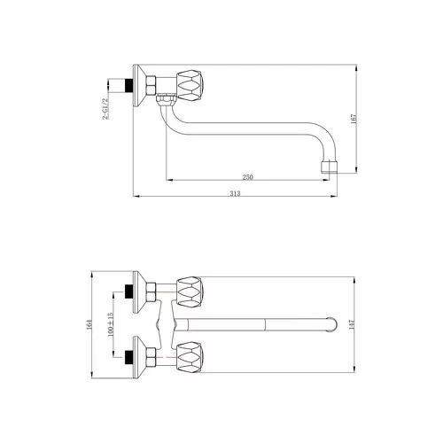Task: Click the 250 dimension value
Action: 248,177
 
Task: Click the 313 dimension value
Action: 235,193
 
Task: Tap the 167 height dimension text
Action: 354,119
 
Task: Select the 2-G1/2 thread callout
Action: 105,109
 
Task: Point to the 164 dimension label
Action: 89,324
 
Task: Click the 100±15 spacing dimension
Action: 111,324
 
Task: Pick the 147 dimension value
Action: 351,324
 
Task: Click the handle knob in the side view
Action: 190,84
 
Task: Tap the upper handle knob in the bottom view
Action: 190,291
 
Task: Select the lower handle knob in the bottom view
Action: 190,357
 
